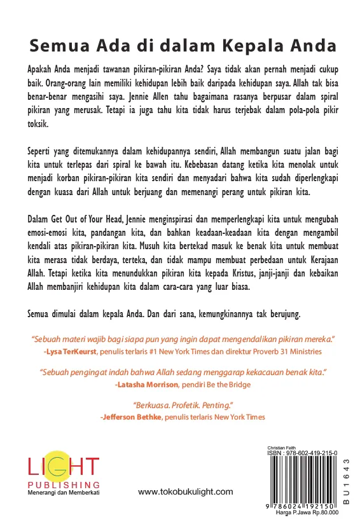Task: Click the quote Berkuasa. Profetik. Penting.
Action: (x=181, y=405)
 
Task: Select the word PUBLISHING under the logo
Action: (x=63, y=486)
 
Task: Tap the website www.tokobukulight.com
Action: (x=185, y=492)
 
